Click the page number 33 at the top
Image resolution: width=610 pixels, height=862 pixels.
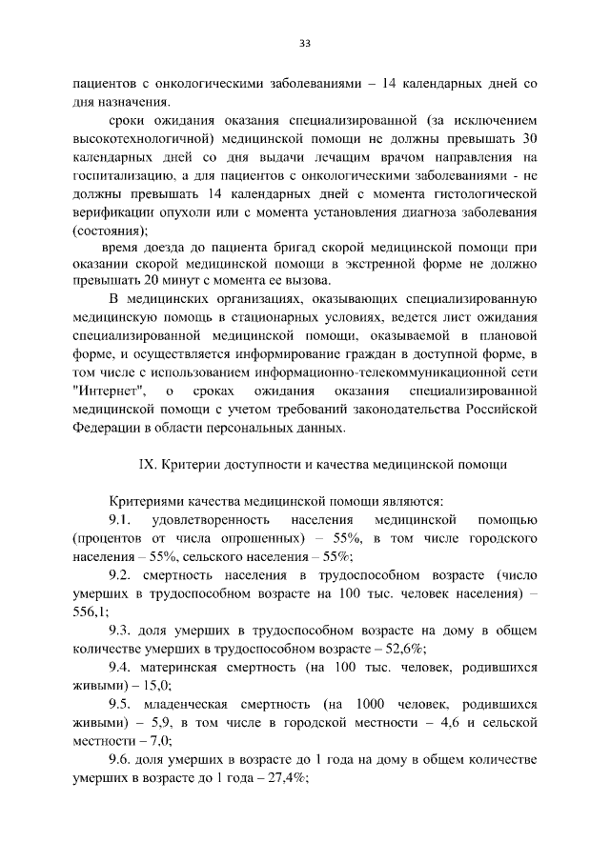coord(305,43)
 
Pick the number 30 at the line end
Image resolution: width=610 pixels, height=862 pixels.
coord(530,138)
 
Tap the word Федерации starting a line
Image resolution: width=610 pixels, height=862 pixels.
coord(107,428)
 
